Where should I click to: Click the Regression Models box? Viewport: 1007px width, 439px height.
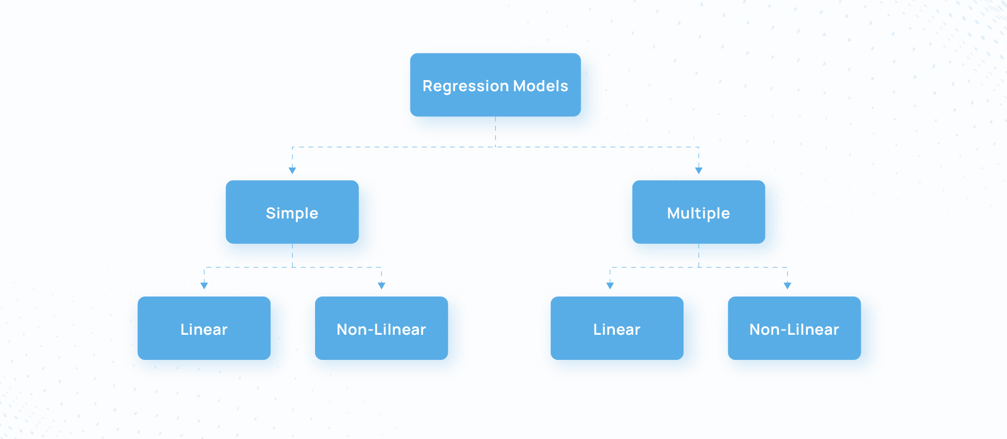[495, 85]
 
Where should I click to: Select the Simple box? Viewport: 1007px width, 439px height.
[292, 212]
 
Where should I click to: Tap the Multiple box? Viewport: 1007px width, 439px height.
[699, 212]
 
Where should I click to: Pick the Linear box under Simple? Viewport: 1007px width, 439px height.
[204, 328]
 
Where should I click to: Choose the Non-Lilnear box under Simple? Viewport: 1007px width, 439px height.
[382, 328]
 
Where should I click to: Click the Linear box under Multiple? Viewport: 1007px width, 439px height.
[617, 328]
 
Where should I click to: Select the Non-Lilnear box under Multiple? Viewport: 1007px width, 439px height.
[794, 328]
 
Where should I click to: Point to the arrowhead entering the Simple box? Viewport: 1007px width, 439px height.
[293, 170]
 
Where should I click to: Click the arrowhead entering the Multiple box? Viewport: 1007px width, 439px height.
[699, 170]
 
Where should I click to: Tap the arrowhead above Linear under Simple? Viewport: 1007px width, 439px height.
[204, 286]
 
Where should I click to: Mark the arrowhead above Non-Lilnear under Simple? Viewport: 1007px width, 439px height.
[382, 286]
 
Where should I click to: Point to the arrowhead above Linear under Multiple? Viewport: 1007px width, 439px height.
[610, 286]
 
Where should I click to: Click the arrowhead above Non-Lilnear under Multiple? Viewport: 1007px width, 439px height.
[787, 286]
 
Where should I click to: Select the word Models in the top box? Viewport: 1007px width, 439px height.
[540, 85]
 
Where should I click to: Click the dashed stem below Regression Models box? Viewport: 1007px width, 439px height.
[495, 131]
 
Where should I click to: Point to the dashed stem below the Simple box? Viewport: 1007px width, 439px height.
[293, 256]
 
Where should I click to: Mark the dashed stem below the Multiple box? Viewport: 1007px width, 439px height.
[699, 256]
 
